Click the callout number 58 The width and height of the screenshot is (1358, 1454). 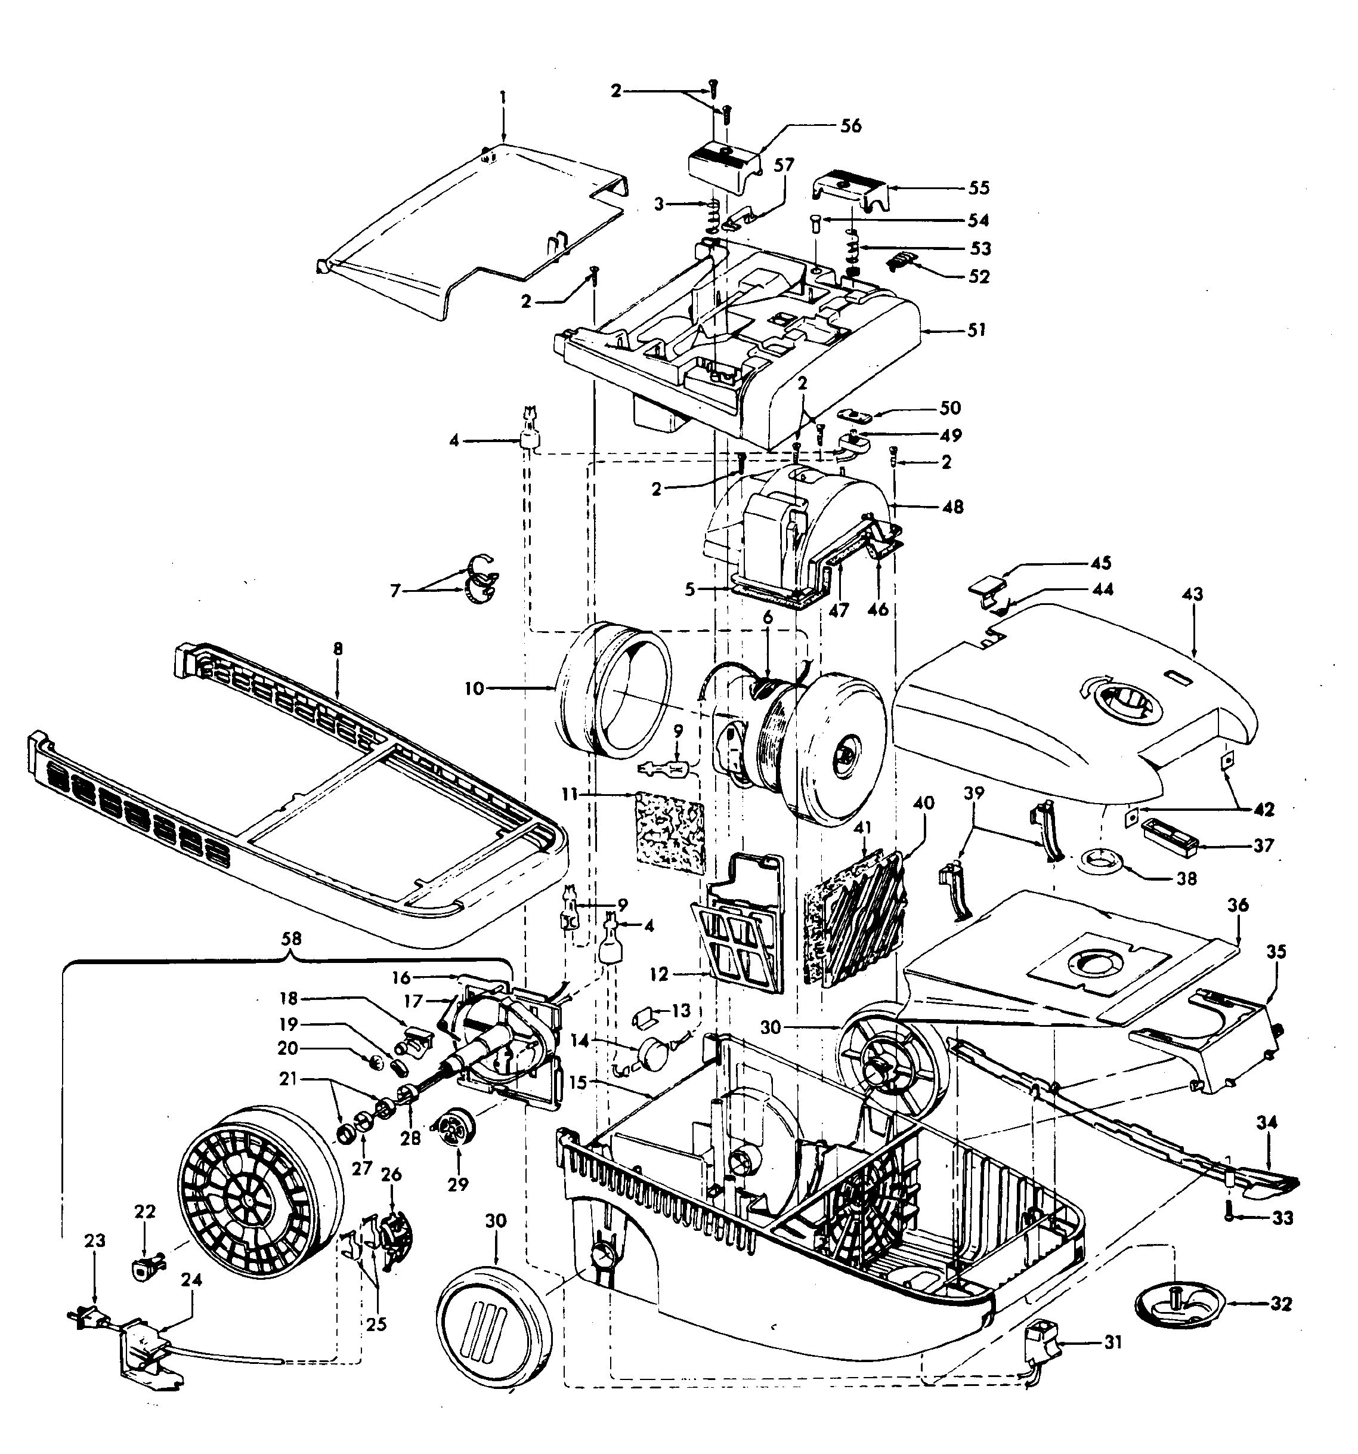(x=291, y=938)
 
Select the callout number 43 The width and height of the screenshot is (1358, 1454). (x=1192, y=594)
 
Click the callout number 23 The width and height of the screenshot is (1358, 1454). (x=95, y=1240)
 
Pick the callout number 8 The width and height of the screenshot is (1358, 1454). (x=337, y=649)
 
